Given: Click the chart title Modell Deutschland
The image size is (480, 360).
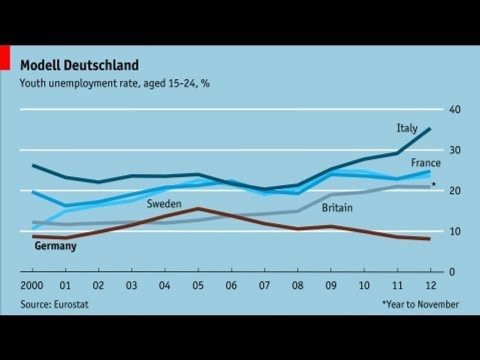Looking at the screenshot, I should click(x=79, y=65).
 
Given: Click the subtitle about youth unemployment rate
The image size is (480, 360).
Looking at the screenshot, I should click(x=114, y=83).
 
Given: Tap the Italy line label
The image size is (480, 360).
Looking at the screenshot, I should click(x=406, y=128).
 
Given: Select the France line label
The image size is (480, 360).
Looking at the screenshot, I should click(x=425, y=163).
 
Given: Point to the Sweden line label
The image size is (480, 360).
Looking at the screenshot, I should click(x=163, y=203).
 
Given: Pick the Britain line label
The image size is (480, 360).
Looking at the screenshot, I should click(x=337, y=207).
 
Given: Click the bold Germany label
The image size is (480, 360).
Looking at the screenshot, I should click(x=55, y=246).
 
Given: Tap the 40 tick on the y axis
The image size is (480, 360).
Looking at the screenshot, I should click(x=454, y=109).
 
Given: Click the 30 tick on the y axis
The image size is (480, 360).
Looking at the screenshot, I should click(x=454, y=150).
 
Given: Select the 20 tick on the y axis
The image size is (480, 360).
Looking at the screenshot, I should click(x=454, y=191).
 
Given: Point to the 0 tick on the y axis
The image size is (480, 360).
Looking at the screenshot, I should click(x=451, y=272).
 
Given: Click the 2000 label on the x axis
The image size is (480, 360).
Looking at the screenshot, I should click(x=31, y=286).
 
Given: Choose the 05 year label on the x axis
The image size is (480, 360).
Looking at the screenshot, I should click(x=198, y=286).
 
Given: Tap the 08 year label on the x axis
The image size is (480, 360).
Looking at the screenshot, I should click(x=297, y=286).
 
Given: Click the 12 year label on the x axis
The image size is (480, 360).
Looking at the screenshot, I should click(x=430, y=286).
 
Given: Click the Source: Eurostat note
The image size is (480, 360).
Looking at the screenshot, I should click(x=54, y=304).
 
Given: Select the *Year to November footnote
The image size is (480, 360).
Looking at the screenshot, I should click(x=420, y=304).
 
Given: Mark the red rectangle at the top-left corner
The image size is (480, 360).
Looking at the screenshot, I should click(x=5, y=57).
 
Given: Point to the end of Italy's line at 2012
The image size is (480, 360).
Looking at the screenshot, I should click(x=429, y=129).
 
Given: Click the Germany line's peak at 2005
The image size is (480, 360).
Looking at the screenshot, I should click(x=198, y=208).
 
